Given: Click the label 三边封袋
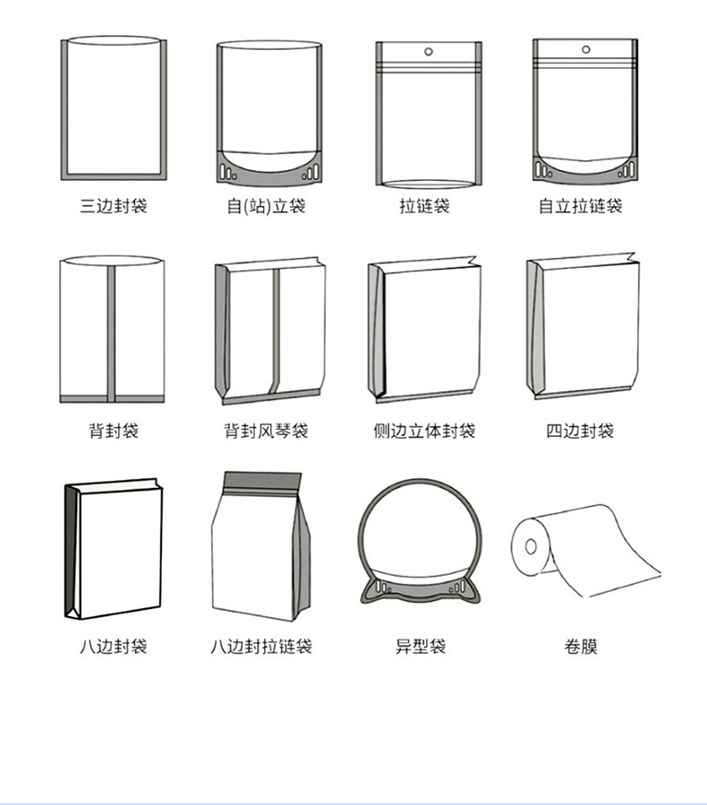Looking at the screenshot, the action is coord(113,207).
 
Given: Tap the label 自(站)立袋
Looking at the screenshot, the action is coord(267,207).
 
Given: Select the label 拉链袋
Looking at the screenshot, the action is coord(424,207).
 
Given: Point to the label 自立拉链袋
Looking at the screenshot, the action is coord(580,207).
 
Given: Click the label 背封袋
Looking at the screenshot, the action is coord(113,431).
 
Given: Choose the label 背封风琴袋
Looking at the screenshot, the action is coord(266,431).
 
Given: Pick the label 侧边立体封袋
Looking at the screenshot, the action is coord(424,431).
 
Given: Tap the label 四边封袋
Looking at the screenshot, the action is coord(580,431).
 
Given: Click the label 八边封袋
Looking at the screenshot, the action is coord(113,646).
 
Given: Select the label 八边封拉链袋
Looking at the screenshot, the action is coord(261,646).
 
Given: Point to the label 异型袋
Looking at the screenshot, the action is coord(421,646).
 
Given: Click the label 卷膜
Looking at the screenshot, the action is coord(580,646).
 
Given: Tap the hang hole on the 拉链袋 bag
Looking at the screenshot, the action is coord(427,51).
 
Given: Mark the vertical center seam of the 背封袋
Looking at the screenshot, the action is coord(112,331).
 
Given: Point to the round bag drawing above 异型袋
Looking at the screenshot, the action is coord(420,537).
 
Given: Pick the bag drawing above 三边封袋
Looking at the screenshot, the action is coord(113,107).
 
